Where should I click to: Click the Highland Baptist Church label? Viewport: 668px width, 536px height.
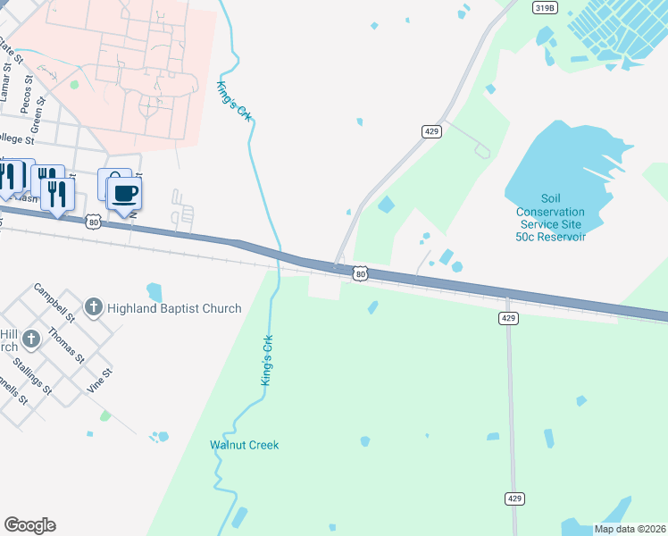point(174,308)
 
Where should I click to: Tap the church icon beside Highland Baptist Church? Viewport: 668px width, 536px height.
point(93,308)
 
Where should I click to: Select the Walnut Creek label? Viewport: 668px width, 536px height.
point(245,445)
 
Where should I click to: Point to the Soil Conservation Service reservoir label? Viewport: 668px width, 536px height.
point(550,218)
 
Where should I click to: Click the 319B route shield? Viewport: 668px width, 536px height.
point(544,7)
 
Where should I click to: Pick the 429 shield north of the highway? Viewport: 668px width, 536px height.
point(432,131)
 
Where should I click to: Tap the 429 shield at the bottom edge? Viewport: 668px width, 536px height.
point(514,498)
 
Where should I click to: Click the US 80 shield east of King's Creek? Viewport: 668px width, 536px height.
point(359,274)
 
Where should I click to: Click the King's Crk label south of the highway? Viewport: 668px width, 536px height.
point(265,361)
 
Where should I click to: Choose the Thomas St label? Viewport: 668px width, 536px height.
point(66,344)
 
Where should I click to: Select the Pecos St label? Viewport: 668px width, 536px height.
point(26,88)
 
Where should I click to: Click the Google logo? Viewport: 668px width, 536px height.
point(29,525)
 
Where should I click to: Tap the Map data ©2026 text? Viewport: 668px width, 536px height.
point(629,529)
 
